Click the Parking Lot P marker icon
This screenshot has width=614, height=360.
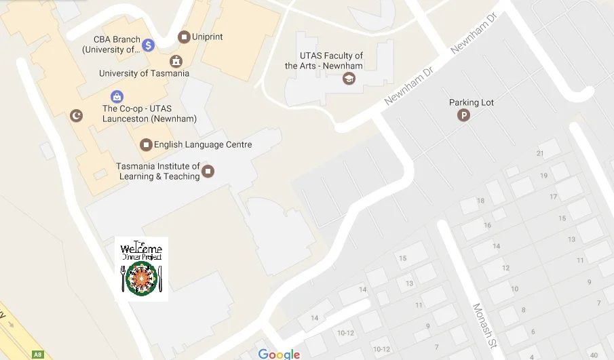click(464, 116)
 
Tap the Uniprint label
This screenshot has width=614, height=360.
click(208, 37)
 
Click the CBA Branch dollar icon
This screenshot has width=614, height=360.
click(149, 45)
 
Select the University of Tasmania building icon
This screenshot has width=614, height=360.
click(176, 61)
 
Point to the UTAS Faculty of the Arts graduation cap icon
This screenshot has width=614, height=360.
click(349, 79)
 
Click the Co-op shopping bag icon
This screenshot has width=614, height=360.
click(117, 97)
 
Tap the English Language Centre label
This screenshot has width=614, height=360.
click(203, 144)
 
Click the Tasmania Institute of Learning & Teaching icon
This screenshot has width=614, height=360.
click(208, 171)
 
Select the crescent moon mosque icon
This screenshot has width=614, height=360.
click(77, 116)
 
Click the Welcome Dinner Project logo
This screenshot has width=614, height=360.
click(142, 268)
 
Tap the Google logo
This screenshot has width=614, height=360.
click(279, 354)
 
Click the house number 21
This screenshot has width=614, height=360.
click(540, 153)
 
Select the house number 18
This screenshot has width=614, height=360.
click(481, 201)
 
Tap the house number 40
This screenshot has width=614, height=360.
click(594, 355)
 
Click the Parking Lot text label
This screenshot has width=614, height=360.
click(472, 102)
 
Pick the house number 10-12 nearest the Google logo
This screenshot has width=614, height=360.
click(346, 332)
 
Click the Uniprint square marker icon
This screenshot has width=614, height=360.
click(184, 37)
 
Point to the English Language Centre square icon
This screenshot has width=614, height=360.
click(146, 144)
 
